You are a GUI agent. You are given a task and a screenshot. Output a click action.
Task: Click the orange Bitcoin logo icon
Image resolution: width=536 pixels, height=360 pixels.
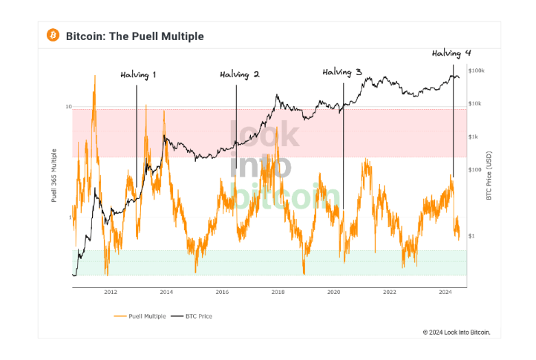coord(53,35)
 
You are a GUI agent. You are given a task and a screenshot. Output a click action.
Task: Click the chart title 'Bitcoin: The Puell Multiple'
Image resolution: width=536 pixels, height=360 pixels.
coord(134,36)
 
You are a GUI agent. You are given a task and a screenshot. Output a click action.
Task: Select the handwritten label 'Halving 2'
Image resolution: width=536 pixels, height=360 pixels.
coord(240,75)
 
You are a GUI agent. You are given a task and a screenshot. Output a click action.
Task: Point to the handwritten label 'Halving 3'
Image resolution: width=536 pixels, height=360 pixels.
coord(342,72)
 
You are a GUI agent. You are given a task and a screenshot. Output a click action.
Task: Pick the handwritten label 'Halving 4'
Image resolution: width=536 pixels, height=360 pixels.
coord(451,53)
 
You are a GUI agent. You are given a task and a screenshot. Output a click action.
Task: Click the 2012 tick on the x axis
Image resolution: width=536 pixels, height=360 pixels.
coord(110,292)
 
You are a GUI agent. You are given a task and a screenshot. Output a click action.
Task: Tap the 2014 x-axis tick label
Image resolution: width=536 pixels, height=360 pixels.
coord(166,292)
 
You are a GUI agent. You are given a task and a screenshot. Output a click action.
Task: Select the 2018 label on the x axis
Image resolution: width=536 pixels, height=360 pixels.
coord(278,292)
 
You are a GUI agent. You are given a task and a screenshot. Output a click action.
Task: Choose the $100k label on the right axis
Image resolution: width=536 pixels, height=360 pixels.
coord(477,71)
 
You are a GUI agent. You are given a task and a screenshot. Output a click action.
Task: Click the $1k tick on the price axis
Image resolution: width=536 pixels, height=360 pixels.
coord(474,137)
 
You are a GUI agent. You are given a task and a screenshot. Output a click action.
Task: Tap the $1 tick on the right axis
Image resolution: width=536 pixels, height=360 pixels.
coord(471,236)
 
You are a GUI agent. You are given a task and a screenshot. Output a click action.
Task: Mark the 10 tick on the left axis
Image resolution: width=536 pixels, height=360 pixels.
coord(68,107)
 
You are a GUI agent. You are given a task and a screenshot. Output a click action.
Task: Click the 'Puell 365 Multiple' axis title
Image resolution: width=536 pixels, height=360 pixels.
coord(53,176)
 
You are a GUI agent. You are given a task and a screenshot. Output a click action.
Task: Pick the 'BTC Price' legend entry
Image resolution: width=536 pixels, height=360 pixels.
coord(196,315)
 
